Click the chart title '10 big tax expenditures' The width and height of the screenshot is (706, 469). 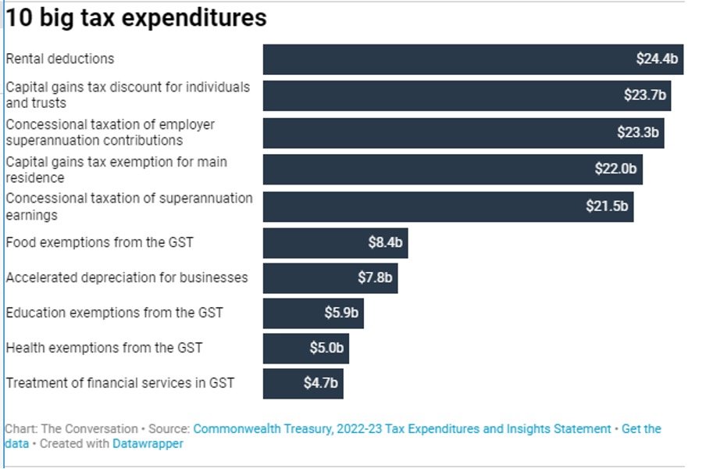(x=136, y=19)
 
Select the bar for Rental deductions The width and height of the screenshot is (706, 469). (x=473, y=59)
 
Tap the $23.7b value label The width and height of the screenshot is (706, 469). (x=645, y=95)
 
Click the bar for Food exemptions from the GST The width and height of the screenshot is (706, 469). (x=336, y=243)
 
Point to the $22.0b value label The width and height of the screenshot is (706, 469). (x=615, y=169)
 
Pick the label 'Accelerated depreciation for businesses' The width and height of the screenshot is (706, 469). (x=127, y=277)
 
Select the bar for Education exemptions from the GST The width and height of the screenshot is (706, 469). (x=313, y=313)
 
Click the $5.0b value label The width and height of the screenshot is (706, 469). (x=326, y=348)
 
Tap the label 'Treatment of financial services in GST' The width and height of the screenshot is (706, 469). (x=120, y=383)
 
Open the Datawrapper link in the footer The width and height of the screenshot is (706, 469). (x=148, y=444)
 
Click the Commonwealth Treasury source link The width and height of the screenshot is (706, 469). (x=402, y=429)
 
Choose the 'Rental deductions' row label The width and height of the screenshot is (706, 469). (x=60, y=59)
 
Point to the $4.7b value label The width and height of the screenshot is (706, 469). (x=320, y=383)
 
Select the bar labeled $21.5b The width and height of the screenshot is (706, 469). (x=448, y=207)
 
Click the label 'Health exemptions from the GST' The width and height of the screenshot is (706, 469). (x=105, y=348)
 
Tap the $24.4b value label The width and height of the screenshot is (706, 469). (x=657, y=59)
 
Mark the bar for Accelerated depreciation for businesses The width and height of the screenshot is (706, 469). (x=330, y=278)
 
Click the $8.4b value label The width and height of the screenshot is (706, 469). (x=386, y=242)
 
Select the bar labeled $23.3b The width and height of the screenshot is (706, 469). (x=464, y=133)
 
